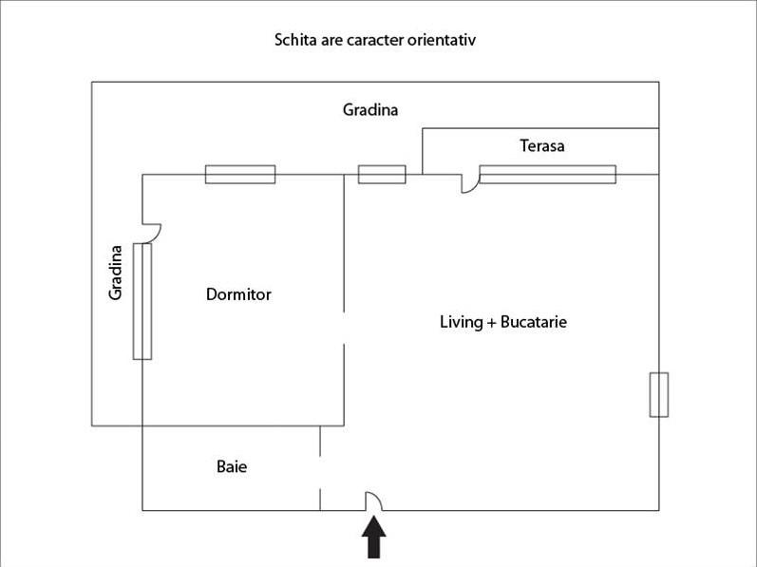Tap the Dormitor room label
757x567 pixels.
tap(238, 294)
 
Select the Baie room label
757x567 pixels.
tap(232, 467)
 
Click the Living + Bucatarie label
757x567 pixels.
tap(502, 322)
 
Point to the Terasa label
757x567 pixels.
tap(541, 146)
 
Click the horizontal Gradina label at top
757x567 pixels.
tap(370, 110)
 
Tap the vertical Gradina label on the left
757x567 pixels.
tap(116, 273)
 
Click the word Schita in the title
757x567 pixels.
tap(295, 40)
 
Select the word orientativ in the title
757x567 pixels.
tap(443, 40)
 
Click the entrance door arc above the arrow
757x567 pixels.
tap(374, 501)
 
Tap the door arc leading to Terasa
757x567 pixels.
tap(468, 183)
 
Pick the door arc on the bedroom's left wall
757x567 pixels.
tap(152, 231)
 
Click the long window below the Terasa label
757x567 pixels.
tap(547, 174)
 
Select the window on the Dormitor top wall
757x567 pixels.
tap(240, 174)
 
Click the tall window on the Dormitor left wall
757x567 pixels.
tap(142, 301)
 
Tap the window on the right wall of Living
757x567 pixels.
tap(658, 395)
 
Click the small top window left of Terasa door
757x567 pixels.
tap(382, 174)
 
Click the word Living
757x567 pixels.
tap(461, 322)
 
